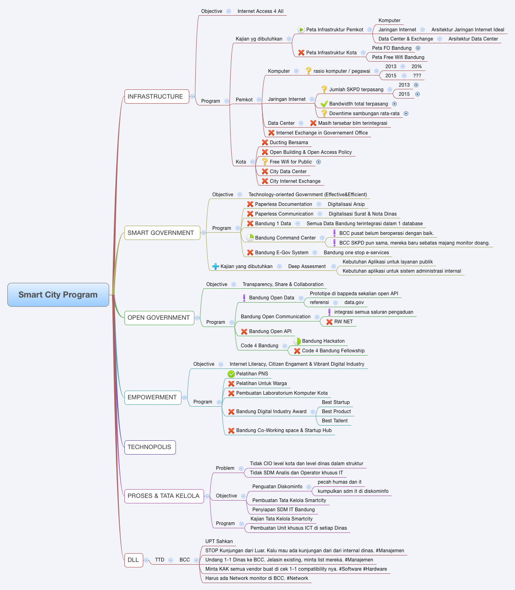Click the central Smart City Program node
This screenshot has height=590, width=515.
point(58,295)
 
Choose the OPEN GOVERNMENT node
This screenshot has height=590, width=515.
point(159,317)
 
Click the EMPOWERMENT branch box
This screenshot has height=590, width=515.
point(152,397)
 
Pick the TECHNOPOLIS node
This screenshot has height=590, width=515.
point(150,447)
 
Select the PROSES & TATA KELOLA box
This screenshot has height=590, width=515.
point(164,496)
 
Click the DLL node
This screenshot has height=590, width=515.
point(133,560)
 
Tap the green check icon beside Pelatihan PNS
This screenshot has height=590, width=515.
point(231,374)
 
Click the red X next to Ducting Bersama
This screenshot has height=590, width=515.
point(265,142)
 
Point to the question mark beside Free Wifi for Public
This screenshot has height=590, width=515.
point(265,162)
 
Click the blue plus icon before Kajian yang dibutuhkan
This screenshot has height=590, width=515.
point(215,266)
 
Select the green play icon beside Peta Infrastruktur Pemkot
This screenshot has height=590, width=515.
point(301,29)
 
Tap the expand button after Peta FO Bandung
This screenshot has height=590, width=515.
point(418,48)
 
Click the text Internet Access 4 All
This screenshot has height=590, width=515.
point(260,11)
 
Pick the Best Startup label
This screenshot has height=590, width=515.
point(335,402)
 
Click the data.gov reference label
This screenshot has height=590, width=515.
point(354,302)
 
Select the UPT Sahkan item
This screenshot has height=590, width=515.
point(219,541)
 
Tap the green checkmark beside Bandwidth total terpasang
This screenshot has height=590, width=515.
point(324,104)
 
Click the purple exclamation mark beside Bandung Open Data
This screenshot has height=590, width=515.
point(244,298)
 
